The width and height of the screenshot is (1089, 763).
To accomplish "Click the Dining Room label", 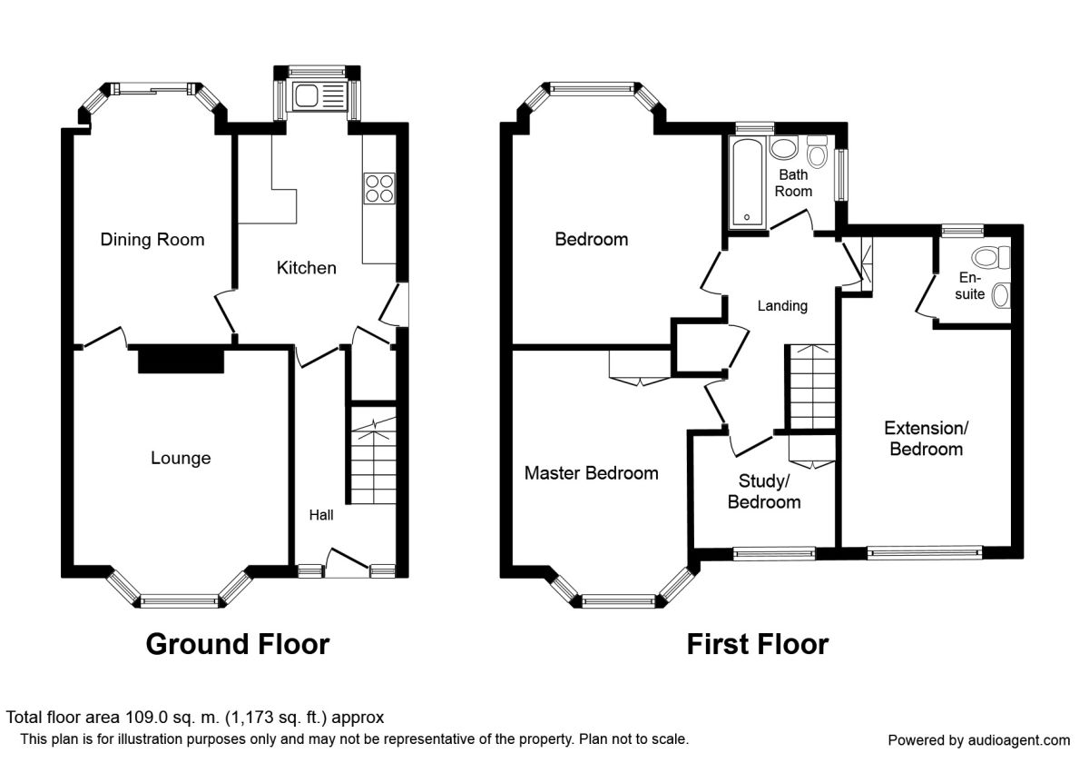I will click(152, 240).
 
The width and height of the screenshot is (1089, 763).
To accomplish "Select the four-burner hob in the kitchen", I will click(378, 187).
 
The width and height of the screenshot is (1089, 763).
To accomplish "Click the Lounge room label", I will click(181, 458).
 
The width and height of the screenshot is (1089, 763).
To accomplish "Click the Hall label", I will click(321, 515).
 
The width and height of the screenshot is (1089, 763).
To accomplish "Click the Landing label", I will click(782, 306).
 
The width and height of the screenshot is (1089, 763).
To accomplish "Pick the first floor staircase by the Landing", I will click(809, 386).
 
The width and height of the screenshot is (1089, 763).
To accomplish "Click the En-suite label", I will click(970, 286).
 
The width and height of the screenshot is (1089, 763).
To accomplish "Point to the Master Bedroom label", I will click(591, 473).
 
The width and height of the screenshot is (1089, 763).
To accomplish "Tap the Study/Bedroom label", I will click(764, 490).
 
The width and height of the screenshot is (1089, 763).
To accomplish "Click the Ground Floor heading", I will click(237, 644).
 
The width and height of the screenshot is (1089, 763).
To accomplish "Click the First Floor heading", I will click(757, 644).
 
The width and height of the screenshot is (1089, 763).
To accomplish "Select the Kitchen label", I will click(306, 268).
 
